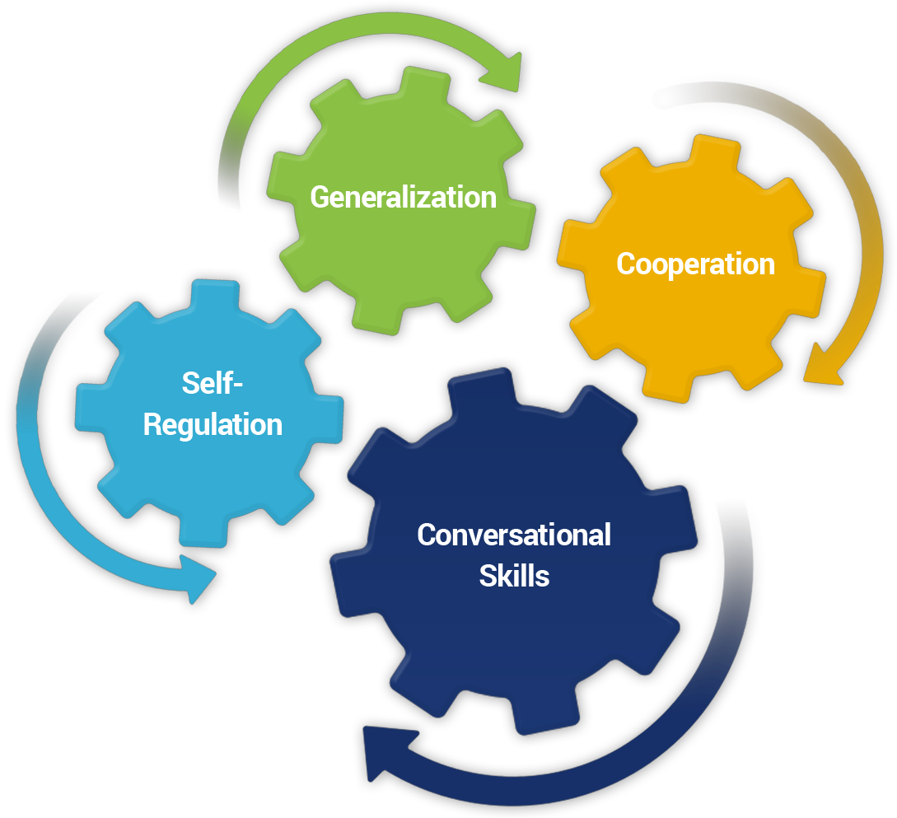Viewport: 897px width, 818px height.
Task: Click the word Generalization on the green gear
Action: pos(403,197)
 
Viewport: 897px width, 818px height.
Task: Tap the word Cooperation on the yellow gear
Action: pos(695,264)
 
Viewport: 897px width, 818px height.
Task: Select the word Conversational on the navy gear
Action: pos(514,535)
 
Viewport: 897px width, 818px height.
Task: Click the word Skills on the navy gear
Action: pos(514,576)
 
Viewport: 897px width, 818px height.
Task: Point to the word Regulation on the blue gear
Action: pos(213,425)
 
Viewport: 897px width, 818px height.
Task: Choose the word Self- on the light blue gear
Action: pos(213,383)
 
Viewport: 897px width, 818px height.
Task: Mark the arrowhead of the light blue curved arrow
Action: pos(198,576)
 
